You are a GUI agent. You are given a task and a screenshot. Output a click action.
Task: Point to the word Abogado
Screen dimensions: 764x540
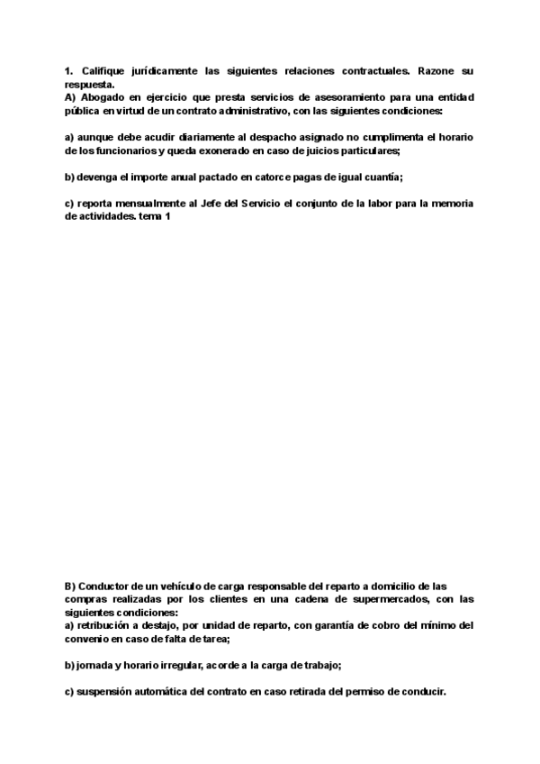pyautogui.click(x=100, y=96)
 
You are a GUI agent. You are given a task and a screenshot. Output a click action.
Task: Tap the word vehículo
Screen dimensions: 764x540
pyautogui.click(x=184, y=586)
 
